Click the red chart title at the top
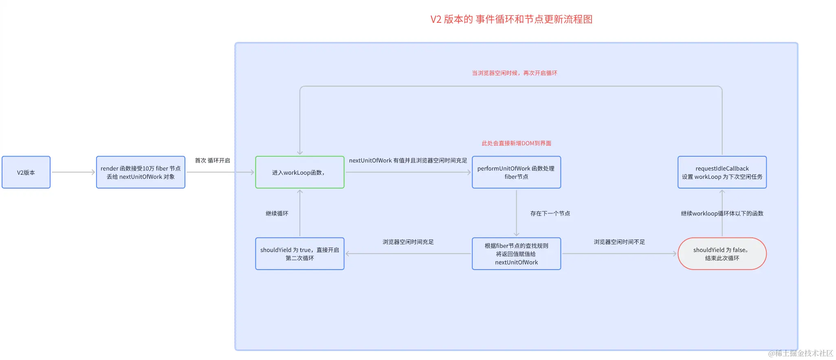pyautogui.click(x=511, y=19)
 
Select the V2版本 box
pyautogui.click(x=26, y=172)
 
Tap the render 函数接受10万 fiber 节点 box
pyautogui.click(x=141, y=172)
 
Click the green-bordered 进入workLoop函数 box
pyautogui.click(x=299, y=172)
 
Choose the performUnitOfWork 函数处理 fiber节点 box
pyautogui.click(x=516, y=172)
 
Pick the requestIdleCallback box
pyautogui.click(x=722, y=172)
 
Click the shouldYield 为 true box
pyautogui.click(x=299, y=254)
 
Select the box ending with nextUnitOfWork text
pyautogui.click(x=516, y=254)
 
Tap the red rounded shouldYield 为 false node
pyautogui.click(x=722, y=254)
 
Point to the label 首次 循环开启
pyautogui.click(x=212, y=160)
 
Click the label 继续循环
pyautogui.click(x=277, y=213)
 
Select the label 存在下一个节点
pyautogui.click(x=550, y=213)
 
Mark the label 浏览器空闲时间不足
pyautogui.click(x=619, y=242)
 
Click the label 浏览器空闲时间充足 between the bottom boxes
pyautogui.click(x=408, y=242)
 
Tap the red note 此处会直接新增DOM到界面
pyautogui.click(x=516, y=143)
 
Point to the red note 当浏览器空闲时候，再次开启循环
pyautogui.click(x=514, y=73)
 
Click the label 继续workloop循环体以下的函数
pyautogui.click(x=722, y=213)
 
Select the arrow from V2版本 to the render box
pyautogui.click(x=73, y=172)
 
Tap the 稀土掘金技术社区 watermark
pyautogui.click(x=800, y=353)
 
